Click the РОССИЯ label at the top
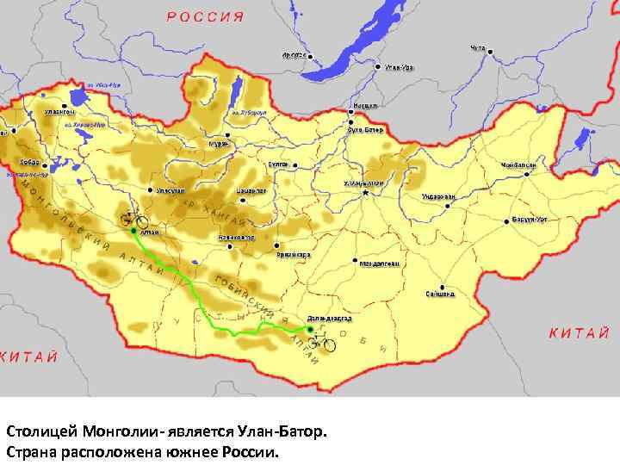click(x=205, y=16)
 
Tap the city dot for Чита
click(x=490, y=52)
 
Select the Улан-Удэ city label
click(x=398, y=66)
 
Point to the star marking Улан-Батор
click(x=365, y=194)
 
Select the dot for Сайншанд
click(x=441, y=286)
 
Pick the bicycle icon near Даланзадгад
click(x=322, y=342)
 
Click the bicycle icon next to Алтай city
click(x=134, y=220)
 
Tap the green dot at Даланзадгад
click(x=309, y=329)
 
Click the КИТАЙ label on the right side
click(x=580, y=332)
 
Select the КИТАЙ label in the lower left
click(x=30, y=356)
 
